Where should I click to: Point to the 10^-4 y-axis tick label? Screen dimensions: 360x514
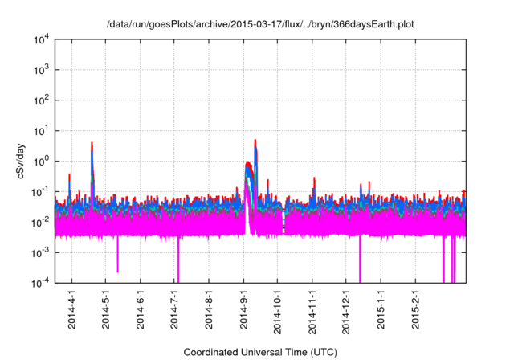click(43, 282)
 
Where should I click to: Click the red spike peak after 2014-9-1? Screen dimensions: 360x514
click(255, 141)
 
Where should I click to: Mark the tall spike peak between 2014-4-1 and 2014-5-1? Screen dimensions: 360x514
click(92, 144)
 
